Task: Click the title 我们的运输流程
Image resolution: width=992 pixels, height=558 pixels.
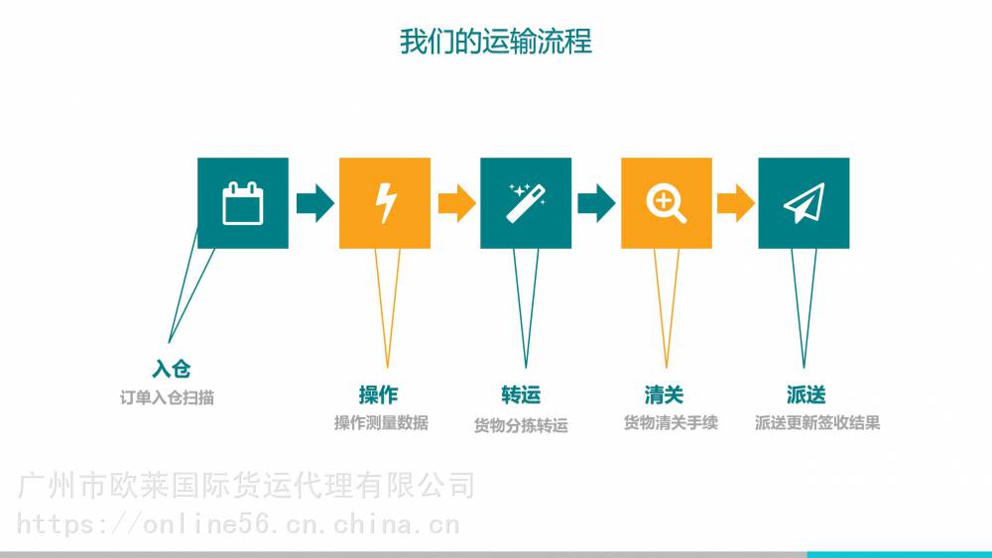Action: pos(495,41)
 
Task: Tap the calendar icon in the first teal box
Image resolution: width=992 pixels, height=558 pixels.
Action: pos(243,203)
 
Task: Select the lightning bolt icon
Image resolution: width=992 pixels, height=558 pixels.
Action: pos(385,203)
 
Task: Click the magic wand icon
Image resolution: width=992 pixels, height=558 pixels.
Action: pos(526,203)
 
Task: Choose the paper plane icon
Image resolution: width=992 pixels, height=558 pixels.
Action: pos(805,203)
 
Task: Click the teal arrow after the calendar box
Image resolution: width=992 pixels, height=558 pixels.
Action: pos(315,203)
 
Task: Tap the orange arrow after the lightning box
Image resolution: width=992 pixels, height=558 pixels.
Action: pos(456,203)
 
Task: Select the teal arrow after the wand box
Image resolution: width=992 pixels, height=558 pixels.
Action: pos(596,203)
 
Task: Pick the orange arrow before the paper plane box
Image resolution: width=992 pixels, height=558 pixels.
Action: pos(736,203)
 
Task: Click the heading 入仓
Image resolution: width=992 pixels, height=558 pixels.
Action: pos(172,369)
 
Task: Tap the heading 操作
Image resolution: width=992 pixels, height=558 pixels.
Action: pos(378,394)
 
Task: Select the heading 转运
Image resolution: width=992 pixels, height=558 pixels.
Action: pos(521,394)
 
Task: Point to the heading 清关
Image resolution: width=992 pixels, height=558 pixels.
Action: pos(664,394)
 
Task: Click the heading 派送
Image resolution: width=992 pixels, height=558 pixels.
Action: pos(806,394)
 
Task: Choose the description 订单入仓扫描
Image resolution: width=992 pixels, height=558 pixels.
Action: pos(167,397)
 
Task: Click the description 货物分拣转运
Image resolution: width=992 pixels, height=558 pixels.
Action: pos(521,425)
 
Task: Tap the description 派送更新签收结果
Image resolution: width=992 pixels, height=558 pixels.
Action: pos(817,423)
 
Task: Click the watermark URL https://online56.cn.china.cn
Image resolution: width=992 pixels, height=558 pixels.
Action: pos(238,524)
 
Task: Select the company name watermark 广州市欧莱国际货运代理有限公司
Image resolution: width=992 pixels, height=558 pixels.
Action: pos(246,486)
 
